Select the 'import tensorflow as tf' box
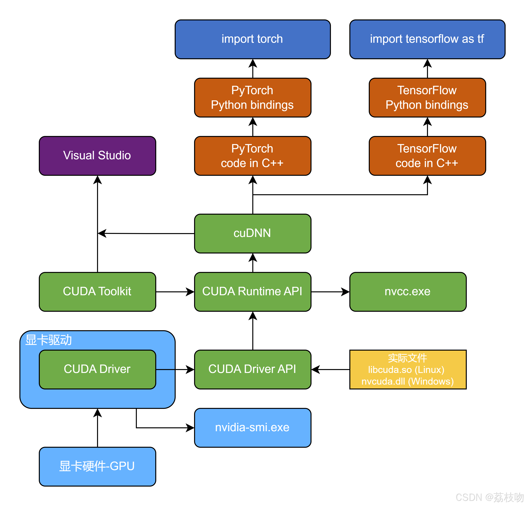[427, 39]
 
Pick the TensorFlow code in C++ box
[427, 156]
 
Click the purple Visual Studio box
[97, 156]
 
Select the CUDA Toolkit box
[97, 292]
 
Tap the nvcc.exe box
[408, 292]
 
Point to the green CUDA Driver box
[97, 369]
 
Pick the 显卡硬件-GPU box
[97, 466]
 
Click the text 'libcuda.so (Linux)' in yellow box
[406, 370]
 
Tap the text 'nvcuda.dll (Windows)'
[408, 381]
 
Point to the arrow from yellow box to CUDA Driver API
[331, 369]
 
